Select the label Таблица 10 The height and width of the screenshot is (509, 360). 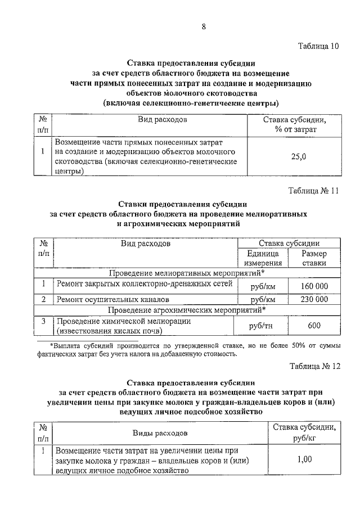click(317, 46)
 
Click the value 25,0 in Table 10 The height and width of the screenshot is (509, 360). click(298, 157)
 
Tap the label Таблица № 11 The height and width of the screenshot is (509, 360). click(314, 191)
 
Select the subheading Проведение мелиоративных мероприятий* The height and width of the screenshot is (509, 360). click(187, 273)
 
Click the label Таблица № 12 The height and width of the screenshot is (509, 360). click(315, 366)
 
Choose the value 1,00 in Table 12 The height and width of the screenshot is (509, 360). click(304, 460)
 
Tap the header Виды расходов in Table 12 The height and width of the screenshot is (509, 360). click(160, 433)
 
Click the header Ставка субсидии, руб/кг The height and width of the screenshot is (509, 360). click(304, 433)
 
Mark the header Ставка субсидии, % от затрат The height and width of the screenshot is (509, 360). click(294, 125)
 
